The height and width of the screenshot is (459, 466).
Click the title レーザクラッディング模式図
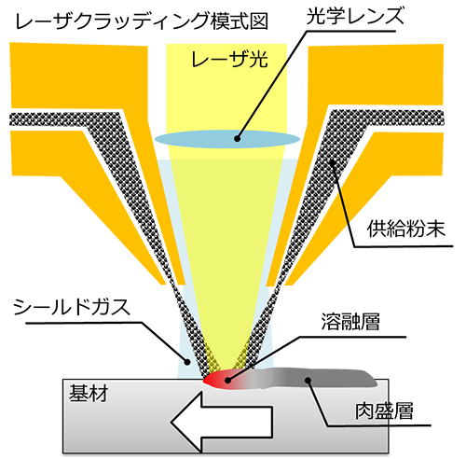click(142, 21)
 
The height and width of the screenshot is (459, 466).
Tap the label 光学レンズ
click(355, 16)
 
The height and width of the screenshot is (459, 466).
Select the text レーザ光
click(229, 59)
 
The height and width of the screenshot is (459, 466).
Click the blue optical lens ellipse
click(227, 139)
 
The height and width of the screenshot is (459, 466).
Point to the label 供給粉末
click(406, 229)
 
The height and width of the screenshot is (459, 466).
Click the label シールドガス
click(72, 307)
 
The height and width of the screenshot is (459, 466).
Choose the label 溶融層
click(350, 322)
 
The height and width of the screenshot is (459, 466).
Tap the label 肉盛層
click(384, 410)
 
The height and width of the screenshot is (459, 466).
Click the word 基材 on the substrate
click(89, 393)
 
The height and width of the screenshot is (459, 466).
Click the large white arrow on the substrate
click(222, 422)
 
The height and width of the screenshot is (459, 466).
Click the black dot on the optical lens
click(238, 139)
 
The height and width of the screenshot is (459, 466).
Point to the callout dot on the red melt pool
click(227, 380)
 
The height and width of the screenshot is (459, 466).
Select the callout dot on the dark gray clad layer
click(308, 380)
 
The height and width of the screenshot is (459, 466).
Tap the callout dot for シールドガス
click(187, 362)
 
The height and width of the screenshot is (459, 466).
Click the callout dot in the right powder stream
click(332, 162)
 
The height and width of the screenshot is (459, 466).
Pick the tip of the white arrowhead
click(171, 423)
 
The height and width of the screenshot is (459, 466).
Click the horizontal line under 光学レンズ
click(351, 31)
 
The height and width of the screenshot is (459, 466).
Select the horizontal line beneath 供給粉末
click(404, 246)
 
